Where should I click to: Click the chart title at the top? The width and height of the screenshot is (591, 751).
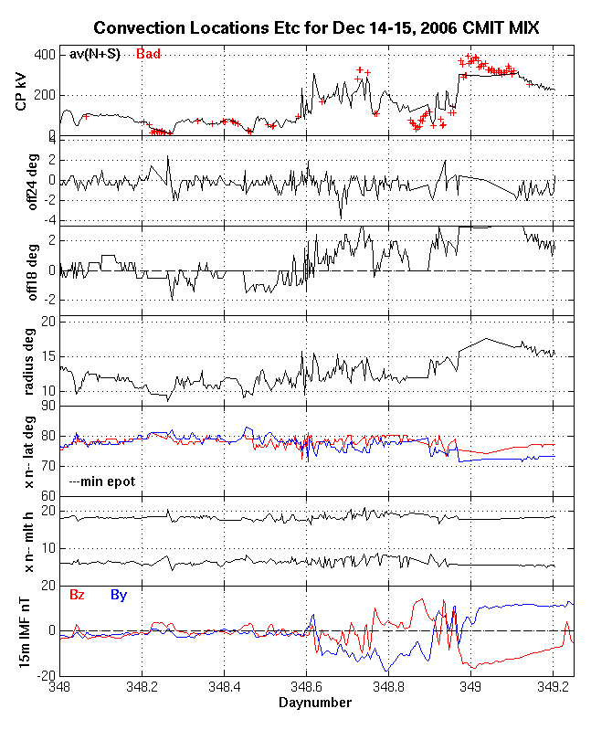[x=316, y=29]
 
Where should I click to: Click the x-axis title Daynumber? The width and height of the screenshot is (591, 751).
[x=315, y=703]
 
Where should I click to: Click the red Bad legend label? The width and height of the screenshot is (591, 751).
[x=148, y=55]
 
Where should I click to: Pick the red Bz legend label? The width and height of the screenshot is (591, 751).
[x=78, y=595]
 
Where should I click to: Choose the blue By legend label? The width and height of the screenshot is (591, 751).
[x=119, y=595]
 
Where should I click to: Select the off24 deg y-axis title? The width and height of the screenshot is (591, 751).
[x=22, y=180]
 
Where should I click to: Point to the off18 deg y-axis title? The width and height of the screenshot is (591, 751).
[x=22, y=270]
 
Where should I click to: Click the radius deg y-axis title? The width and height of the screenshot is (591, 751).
[x=22, y=359]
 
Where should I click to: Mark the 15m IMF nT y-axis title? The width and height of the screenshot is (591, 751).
[x=22, y=630]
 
